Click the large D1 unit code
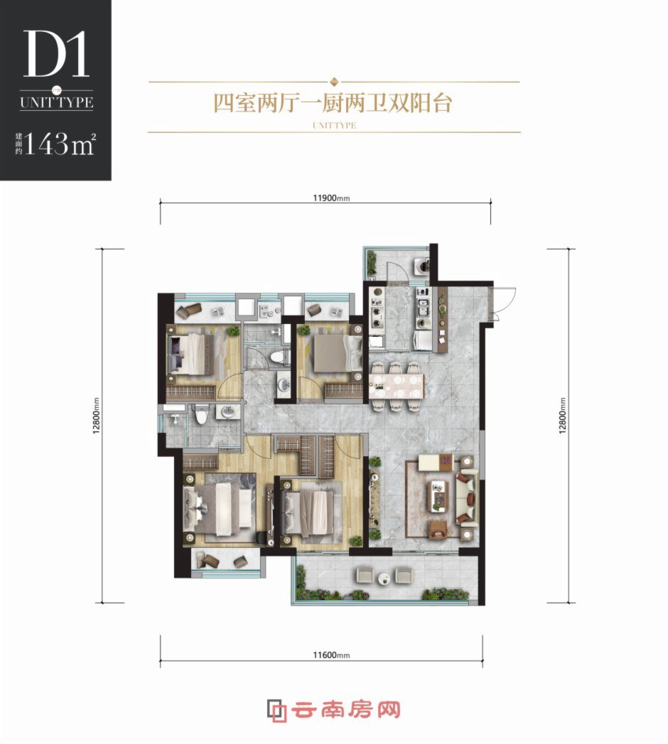pyautogui.click(x=56, y=53)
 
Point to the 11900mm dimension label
pyautogui.click(x=331, y=198)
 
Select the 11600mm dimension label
pyautogui.click(x=331, y=654)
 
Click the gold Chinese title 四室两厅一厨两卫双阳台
pyautogui.click(x=333, y=103)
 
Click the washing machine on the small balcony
pyautogui.click(x=422, y=266)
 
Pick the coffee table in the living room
pyautogui.click(x=438, y=495)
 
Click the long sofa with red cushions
pyautogui.click(x=467, y=496)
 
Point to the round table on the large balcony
pyautogui.click(x=384, y=578)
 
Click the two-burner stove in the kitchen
pyautogui.click(x=377, y=318)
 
